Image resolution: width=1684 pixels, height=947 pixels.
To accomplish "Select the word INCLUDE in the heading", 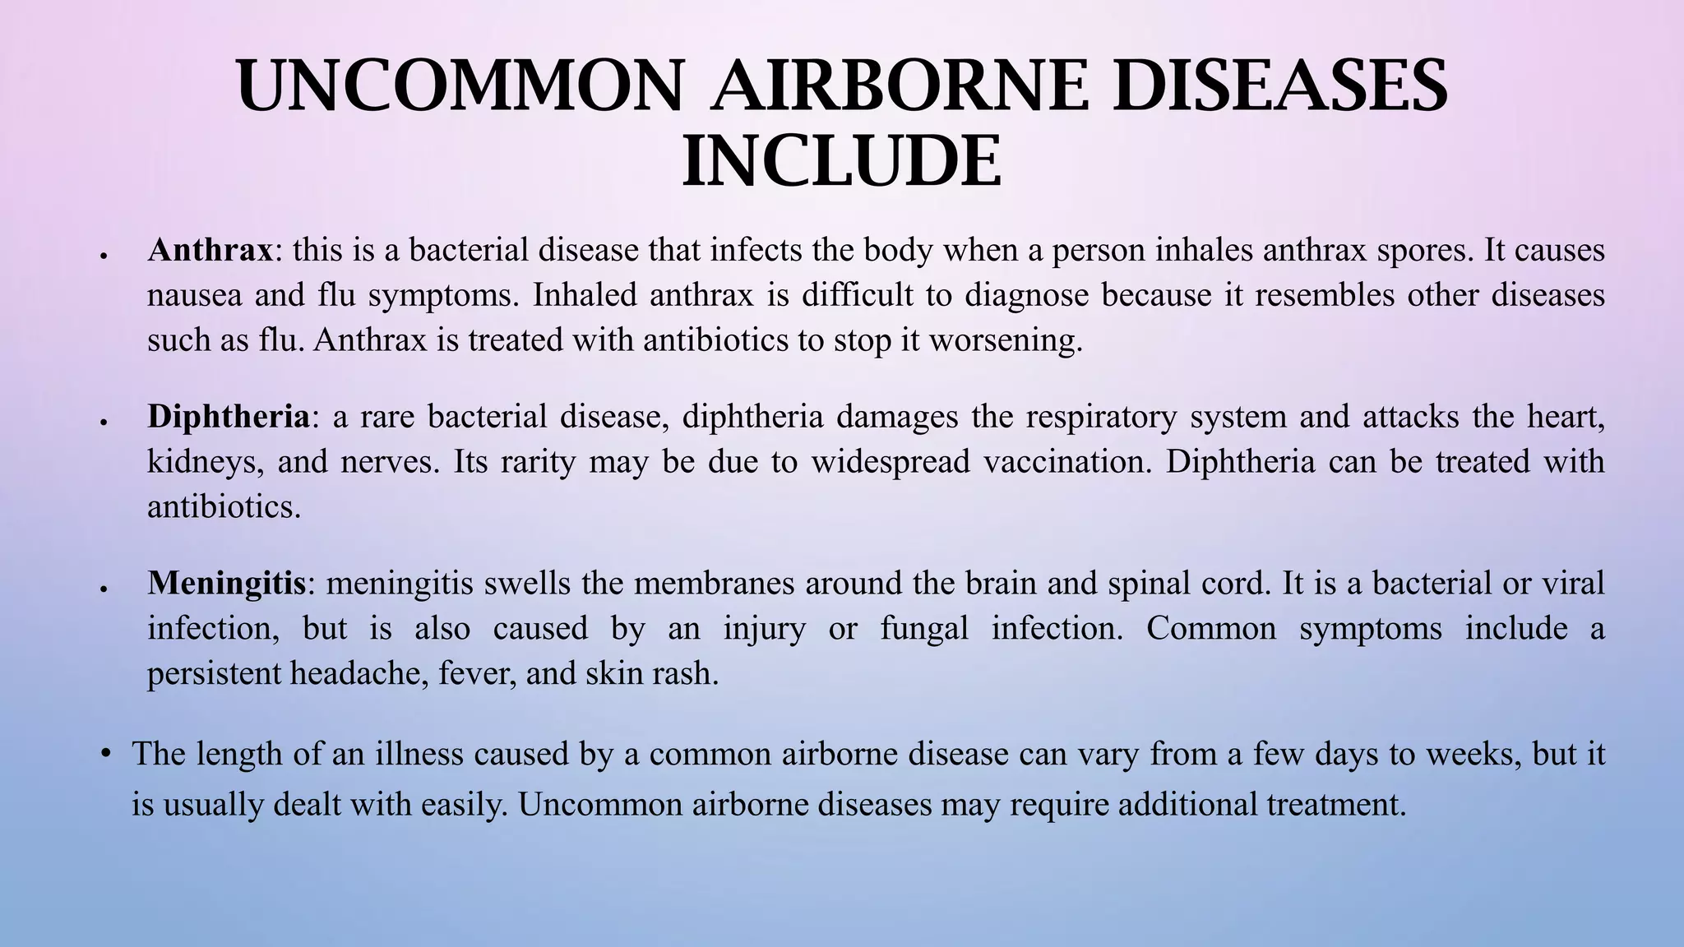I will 842,162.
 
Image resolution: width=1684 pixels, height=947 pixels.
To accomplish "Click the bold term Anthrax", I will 210,250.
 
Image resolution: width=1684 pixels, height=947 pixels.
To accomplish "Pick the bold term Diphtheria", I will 229,417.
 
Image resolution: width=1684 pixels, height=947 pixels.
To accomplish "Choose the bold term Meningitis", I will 226,584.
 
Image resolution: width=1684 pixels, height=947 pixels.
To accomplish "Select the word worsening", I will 1005,340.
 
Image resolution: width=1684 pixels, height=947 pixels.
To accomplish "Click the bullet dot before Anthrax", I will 104,256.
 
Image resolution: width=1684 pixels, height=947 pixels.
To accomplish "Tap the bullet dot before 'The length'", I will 105,753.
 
